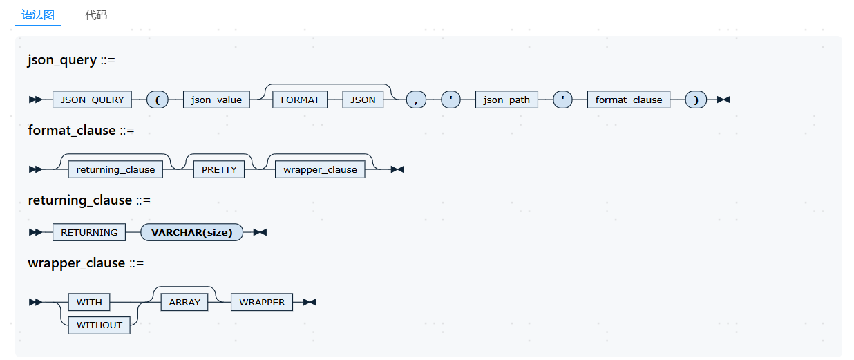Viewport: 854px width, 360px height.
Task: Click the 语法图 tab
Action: tap(38, 15)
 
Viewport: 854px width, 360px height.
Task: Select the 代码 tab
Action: tap(96, 15)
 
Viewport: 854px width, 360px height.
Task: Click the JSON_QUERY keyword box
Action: tap(92, 100)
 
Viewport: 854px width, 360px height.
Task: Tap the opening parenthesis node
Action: tap(158, 100)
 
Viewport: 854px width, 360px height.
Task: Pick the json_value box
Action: tap(216, 100)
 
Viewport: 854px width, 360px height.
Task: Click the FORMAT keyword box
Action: tap(300, 100)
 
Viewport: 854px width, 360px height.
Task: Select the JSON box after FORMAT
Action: tap(363, 100)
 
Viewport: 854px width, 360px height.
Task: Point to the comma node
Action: tap(416, 100)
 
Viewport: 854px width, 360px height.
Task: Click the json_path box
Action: tap(506, 100)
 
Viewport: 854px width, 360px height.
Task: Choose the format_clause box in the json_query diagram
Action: tap(629, 100)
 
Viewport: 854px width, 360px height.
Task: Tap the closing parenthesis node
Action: tap(696, 100)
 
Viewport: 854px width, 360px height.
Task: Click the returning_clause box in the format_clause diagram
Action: tap(115, 169)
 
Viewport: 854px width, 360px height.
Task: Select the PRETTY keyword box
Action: tap(219, 169)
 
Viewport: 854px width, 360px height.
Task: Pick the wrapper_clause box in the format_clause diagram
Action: tap(320, 169)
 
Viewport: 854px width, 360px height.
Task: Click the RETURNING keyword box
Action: tap(89, 232)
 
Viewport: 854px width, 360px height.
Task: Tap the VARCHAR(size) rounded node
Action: tap(191, 232)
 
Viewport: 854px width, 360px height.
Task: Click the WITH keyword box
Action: tap(89, 302)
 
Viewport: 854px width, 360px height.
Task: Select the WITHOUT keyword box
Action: tap(99, 325)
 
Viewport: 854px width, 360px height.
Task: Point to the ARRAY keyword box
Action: tap(184, 302)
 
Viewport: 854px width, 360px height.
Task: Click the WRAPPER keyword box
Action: tap(262, 302)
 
